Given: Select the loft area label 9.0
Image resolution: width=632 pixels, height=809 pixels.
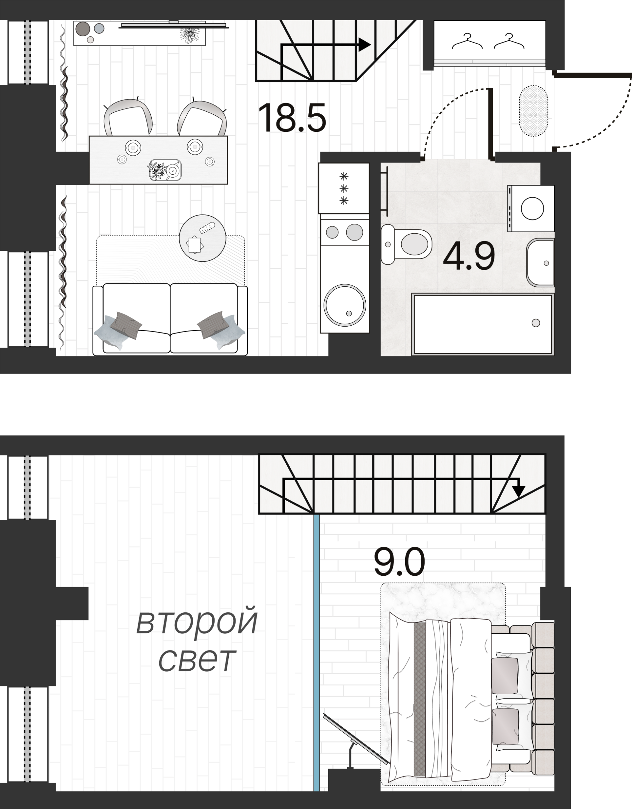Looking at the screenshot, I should point(399,562).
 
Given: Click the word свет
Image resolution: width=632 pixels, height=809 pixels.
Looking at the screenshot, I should point(197,660).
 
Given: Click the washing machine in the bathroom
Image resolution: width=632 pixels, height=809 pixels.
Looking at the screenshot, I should point(531,209).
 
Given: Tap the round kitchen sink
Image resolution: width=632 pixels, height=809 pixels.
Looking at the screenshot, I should point(345,305).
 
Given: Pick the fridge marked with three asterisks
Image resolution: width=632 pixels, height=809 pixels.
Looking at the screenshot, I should point(344,188).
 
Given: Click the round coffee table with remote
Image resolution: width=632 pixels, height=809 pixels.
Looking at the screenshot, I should point(202,238).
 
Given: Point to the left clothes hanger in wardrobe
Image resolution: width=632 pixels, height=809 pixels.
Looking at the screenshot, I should point(467,42).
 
